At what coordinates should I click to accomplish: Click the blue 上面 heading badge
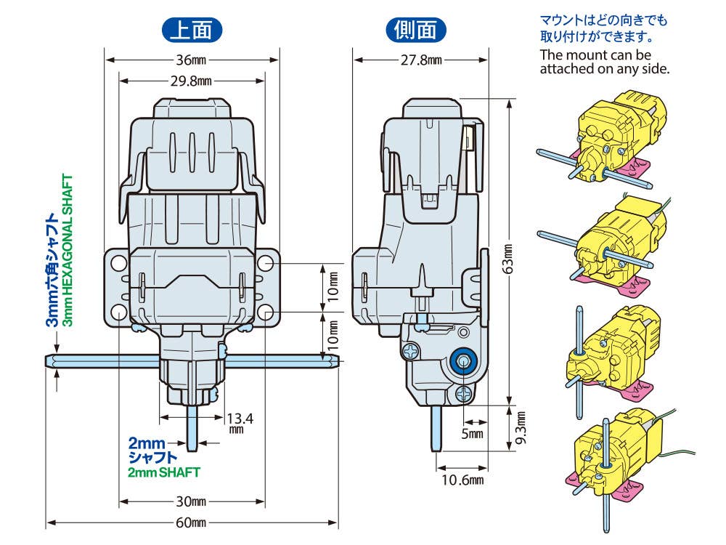pos(191,30)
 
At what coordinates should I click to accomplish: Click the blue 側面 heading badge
pos(415,30)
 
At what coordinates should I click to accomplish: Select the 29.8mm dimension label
pos(191,81)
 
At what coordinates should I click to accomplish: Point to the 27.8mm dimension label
pos(421,60)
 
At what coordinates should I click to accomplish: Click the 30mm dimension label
pos(191,501)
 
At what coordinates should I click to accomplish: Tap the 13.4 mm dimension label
pos(237,422)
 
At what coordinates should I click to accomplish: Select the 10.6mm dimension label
pos(462,479)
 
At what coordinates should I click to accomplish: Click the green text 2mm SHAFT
pos(163,472)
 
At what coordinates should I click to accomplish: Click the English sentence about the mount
pos(604,62)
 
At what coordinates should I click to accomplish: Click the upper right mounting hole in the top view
pos(265,262)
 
